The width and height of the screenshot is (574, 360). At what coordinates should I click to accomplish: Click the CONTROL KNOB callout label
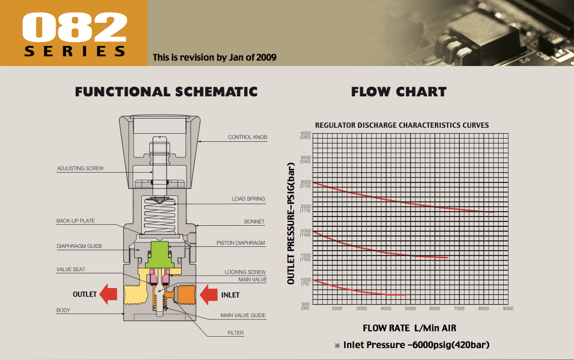247,137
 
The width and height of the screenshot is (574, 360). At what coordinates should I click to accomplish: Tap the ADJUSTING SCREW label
80,168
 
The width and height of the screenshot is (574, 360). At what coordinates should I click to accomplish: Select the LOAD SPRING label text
248,199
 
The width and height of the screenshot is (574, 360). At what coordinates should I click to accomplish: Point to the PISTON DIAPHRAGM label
241,243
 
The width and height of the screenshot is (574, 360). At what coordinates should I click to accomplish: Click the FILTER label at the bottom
235,333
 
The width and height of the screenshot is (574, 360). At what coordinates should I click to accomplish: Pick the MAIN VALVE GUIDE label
243,315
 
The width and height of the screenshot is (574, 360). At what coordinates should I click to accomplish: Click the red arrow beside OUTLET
108,294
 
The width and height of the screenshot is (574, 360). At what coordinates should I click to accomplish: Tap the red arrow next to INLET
209,295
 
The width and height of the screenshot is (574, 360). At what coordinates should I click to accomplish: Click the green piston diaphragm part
160,254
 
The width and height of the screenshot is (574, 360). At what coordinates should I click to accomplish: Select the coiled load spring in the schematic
160,215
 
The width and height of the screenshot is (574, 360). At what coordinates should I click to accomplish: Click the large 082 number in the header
75,27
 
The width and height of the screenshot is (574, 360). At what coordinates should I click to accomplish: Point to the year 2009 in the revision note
266,57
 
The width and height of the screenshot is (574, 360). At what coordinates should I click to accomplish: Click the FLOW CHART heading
399,91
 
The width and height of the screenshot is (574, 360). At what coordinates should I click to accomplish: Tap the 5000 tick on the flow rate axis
411,309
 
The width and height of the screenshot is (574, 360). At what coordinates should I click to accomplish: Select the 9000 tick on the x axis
508,309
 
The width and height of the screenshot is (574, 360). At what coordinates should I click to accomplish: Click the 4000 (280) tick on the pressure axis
305,135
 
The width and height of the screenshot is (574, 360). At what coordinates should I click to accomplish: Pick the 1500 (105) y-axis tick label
305,257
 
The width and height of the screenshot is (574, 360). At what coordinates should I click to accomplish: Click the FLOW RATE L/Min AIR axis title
410,328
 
